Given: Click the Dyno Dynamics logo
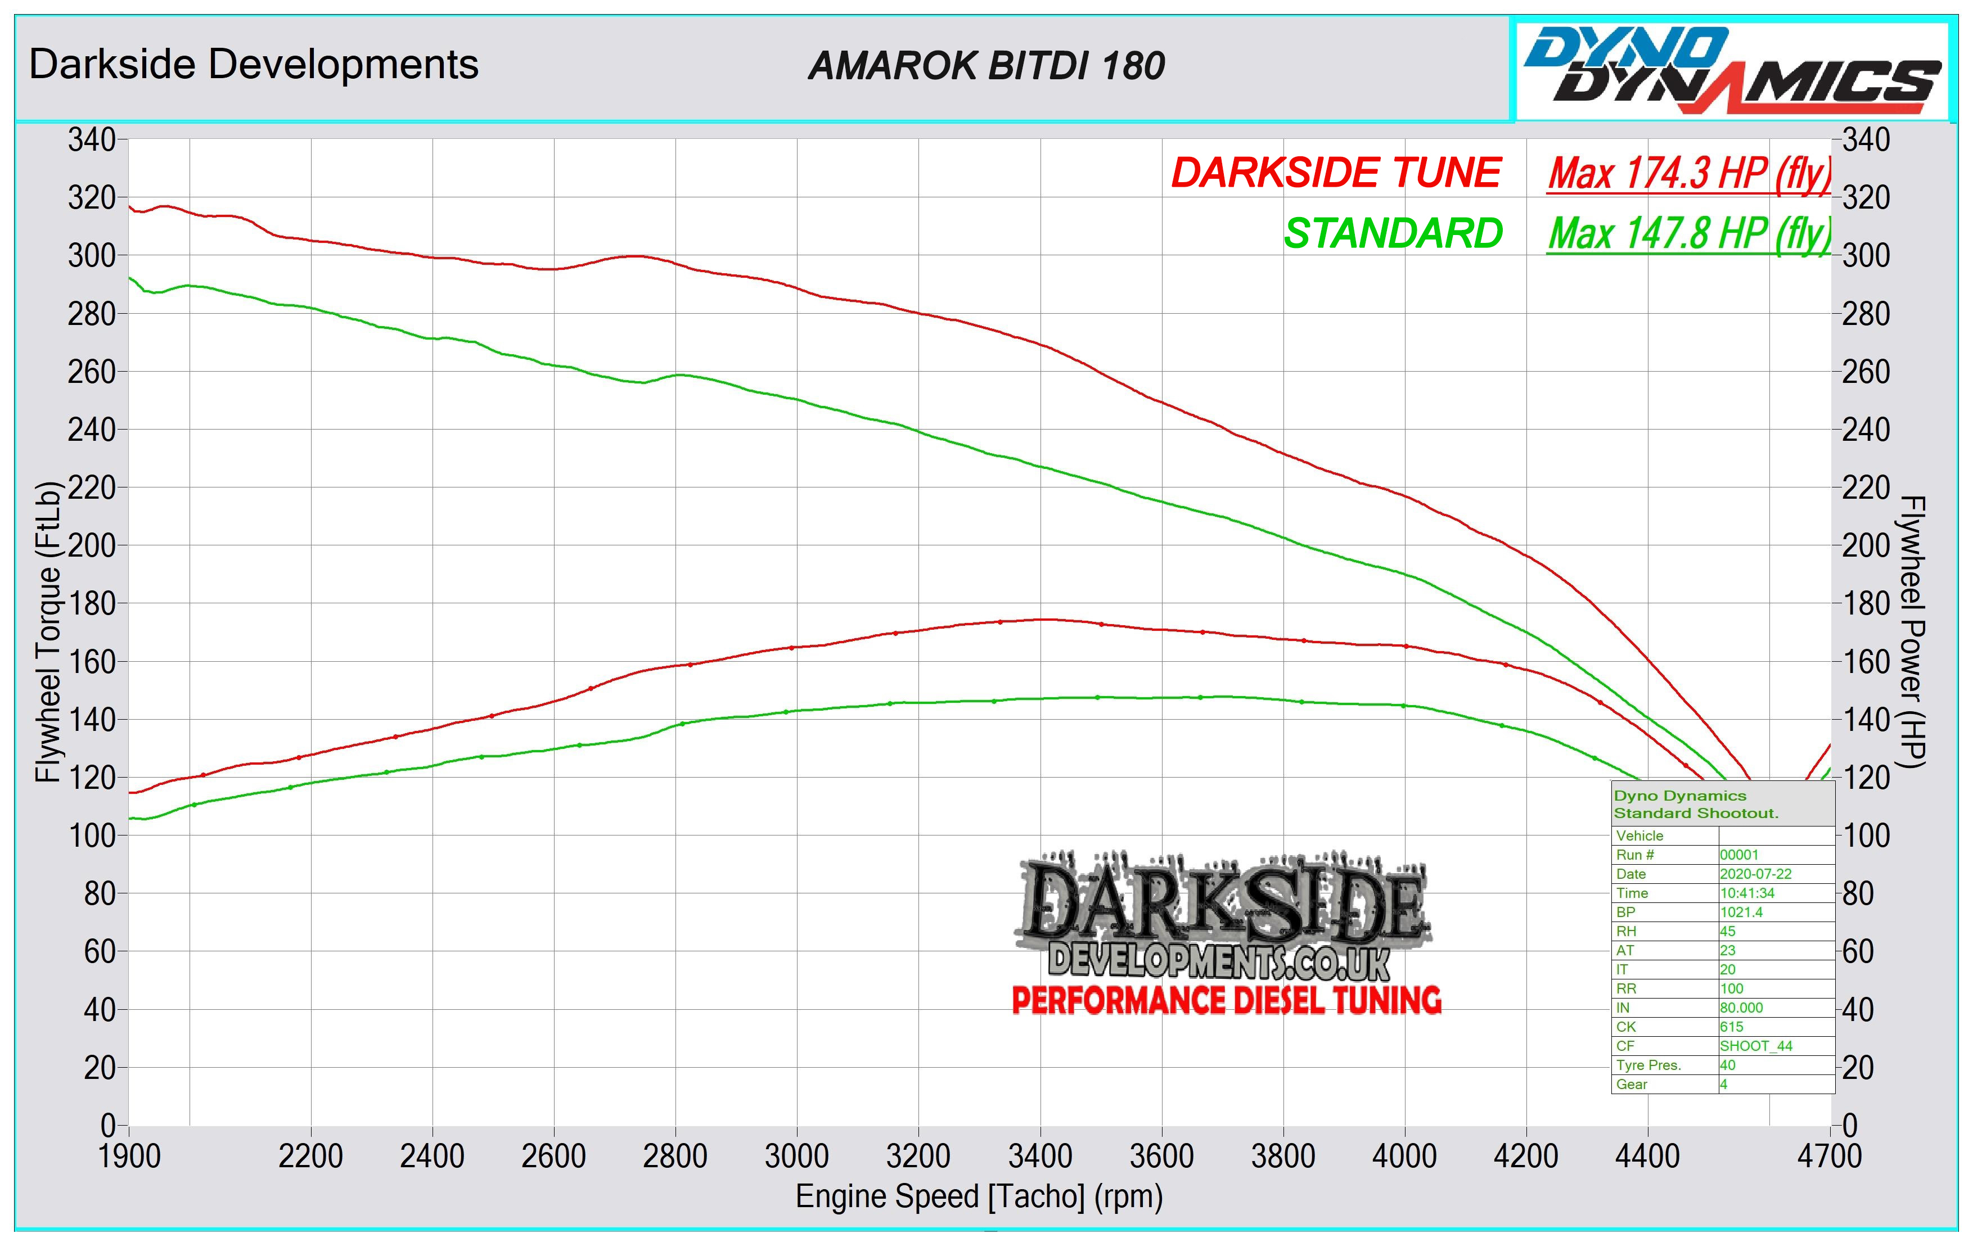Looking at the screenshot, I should pyautogui.click(x=1731, y=70).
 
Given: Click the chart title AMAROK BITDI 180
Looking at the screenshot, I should pyautogui.click(x=986, y=66).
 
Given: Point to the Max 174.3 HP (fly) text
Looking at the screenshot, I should pyautogui.click(x=1688, y=174).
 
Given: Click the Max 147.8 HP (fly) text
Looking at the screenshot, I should pyautogui.click(x=1688, y=234).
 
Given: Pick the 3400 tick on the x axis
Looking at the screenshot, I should pyautogui.click(x=1040, y=1156).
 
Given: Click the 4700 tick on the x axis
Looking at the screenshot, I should pyautogui.click(x=1829, y=1156).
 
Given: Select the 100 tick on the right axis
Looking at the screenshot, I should pyautogui.click(x=1866, y=835).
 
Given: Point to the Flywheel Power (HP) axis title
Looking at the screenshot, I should pyautogui.click(x=1912, y=631).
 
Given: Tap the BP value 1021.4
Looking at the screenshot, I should pyautogui.click(x=1741, y=912).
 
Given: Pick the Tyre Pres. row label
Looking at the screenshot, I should pyautogui.click(x=1648, y=1065).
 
